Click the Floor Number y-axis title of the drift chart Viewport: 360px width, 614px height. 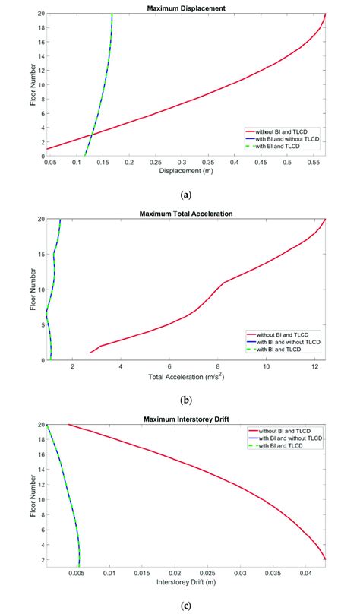(33, 495)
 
